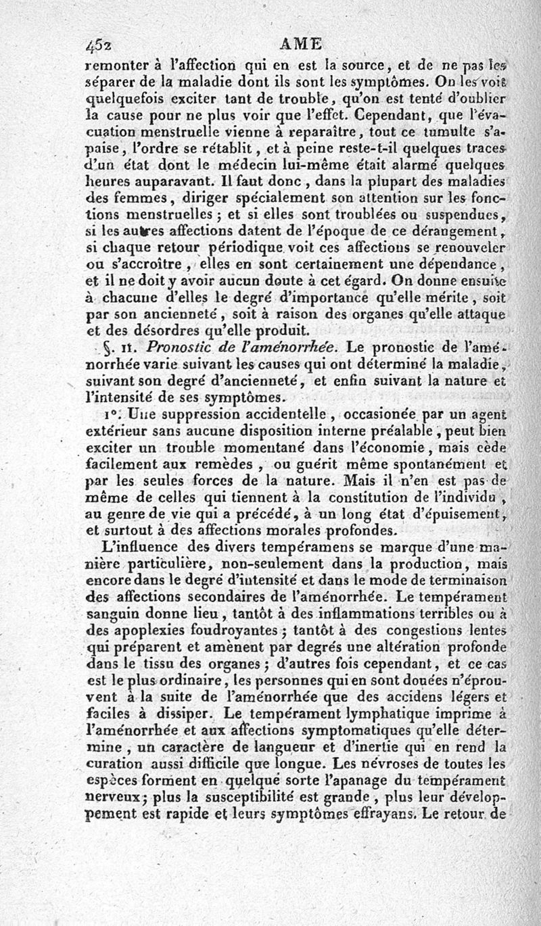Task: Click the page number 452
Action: click(x=99, y=45)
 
